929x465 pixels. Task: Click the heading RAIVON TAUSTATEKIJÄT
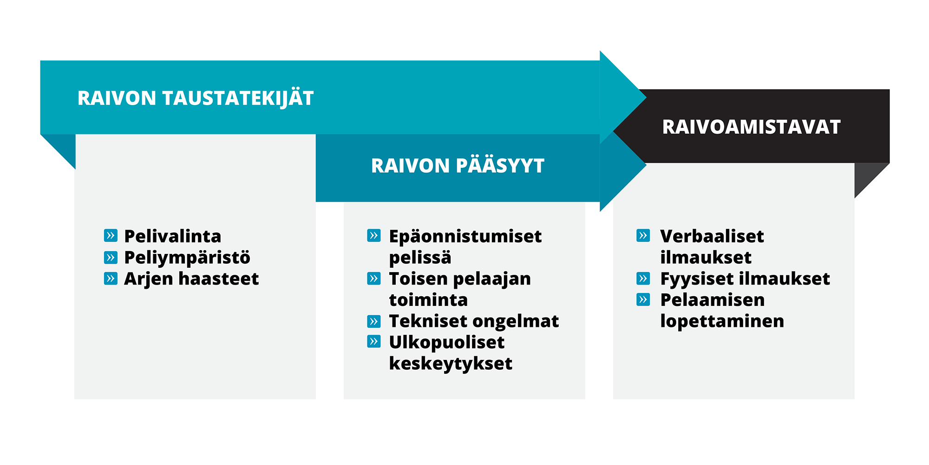[196, 98]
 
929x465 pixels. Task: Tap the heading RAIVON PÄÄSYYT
[458, 166]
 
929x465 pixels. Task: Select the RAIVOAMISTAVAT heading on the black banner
[752, 127]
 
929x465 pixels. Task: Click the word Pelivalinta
[173, 236]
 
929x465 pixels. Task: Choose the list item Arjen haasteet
[191, 279]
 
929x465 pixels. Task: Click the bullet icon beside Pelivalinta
[111, 236]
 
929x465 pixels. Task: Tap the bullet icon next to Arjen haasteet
[111, 279]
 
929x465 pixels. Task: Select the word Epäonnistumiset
[465, 236]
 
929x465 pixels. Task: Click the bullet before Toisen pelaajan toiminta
[374, 279]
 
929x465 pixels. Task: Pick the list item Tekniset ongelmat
[474, 321]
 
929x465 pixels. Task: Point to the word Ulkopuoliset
[447, 343]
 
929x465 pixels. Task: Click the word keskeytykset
[451, 364]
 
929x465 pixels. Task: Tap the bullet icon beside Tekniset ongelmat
[374, 321]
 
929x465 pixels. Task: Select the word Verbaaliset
[712, 236]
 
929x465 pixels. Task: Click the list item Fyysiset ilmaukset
[745, 279]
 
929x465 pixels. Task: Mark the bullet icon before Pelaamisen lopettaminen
[643, 299]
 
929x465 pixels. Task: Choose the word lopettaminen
[722, 321]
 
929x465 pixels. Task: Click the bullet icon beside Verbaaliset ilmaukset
[643, 236]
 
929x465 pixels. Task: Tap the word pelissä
[420, 258]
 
